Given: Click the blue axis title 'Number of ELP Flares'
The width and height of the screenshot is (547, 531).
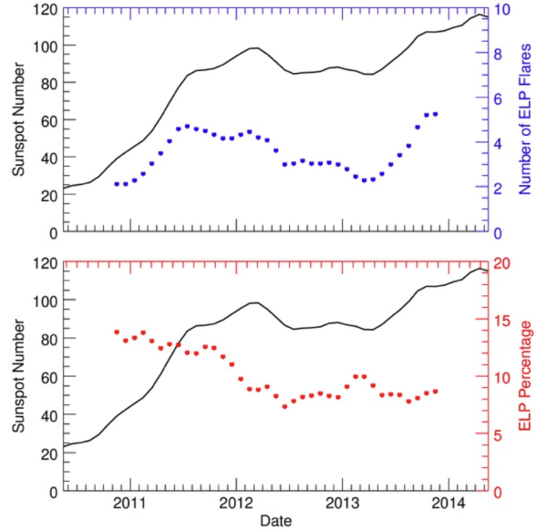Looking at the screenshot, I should [x=526, y=121].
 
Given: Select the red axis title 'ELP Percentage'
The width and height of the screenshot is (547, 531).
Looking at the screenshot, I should [x=526, y=376].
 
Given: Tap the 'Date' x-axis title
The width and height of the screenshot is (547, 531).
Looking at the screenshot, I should [x=275, y=520].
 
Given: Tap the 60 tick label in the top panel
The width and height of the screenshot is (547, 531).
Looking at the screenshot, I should [x=44, y=120].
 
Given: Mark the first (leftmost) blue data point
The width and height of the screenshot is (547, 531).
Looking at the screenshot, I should [x=117, y=183].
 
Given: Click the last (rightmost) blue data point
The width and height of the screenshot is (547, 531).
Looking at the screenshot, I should [x=436, y=114].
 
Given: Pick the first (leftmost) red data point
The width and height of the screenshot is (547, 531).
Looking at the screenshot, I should [x=117, y=332].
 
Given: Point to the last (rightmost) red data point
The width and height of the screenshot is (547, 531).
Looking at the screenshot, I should [x=436, y=391].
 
